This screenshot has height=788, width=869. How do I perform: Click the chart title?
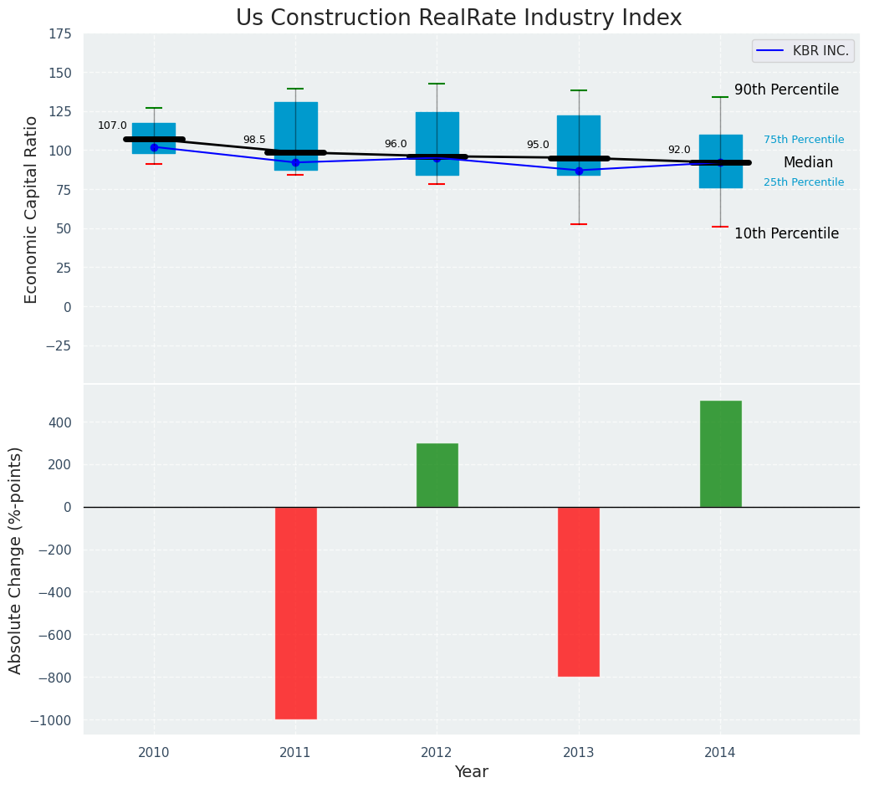tap(458, 18)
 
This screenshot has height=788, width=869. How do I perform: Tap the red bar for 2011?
tap(295, 612)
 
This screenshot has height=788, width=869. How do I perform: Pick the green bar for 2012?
tap(437, 475)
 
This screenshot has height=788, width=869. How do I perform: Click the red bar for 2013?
tap(579, 591)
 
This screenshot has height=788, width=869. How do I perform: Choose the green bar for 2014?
tap(720, 453)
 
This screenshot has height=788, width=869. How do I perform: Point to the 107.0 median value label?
tap(112, 126)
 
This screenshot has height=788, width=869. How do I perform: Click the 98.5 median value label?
tap(254, 140)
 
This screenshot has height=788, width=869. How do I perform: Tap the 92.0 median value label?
tap(679, 150)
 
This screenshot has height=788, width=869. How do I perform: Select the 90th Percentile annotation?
tap(786, 90)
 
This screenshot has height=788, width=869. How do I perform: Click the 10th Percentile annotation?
tap(786, 233)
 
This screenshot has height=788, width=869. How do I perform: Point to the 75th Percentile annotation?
tap(804, 140)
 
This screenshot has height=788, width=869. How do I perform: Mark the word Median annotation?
tap(808, 162)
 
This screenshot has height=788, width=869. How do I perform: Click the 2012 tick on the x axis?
tap(437, 752)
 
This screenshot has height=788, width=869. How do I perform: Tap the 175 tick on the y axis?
tap(59, 34)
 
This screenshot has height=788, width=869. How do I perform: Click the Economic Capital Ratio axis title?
tap(32, 209)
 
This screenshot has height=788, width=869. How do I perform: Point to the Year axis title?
tap(471, 771)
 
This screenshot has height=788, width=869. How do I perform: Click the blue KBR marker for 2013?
tap(579, 171)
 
